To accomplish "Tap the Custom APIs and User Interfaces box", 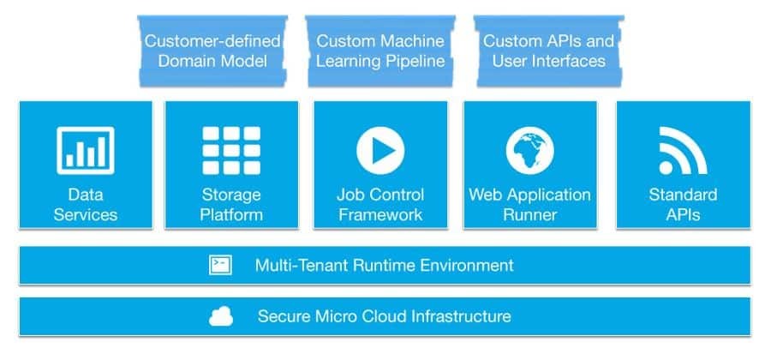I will pyautogui.click(x=548, y=50).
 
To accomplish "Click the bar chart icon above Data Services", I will pyautogui.click(x=85, y=150).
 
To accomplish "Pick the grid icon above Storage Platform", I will pyautogui.click(x=231, y=150).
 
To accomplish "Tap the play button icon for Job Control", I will pyautogui.click(x=380, y=150).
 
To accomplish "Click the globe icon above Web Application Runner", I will pyautogui.click(x=529, y=150).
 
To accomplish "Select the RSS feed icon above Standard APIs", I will pyautogui.click(x=683, y=150).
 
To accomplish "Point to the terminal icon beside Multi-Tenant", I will pyautogui.click(x=220, y=265).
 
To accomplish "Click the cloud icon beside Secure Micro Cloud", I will pyautogui.click(x=221, y=317).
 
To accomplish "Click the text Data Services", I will pyautogui.click(x=85, y=205).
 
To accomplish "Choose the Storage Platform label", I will pyautogui.click(x=231, y=205).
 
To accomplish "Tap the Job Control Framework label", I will pyautogui.click(x=380, y=205).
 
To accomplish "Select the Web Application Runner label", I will pyautogui.click(x=529, y=205).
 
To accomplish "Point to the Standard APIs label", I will pyautogui.click(x=683, y=205).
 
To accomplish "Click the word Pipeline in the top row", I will pyautogui.click(x=415, y=61).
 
